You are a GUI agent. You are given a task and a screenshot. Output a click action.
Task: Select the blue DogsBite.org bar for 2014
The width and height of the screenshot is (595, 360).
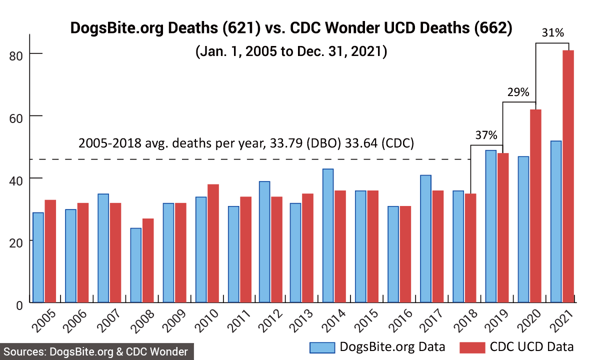(328, 235)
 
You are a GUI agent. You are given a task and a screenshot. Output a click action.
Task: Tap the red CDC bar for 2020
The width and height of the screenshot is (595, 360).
(535, 205)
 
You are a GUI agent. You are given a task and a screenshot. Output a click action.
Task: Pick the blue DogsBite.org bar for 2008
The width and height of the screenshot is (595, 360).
(135, 265)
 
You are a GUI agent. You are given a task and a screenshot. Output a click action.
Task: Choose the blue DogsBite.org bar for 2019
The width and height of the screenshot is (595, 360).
(490, 226)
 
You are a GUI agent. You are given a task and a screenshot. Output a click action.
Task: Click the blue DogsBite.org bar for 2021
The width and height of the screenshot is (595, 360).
(555, 221)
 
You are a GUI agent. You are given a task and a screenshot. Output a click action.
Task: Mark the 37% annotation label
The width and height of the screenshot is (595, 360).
(486, 135)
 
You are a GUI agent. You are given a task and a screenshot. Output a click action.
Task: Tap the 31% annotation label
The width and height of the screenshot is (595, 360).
(552, 33)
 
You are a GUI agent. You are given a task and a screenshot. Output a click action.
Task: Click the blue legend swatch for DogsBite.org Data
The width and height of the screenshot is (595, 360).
(322, 347)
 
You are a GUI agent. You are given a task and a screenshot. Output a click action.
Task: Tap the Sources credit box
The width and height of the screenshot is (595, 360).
(96, 351)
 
